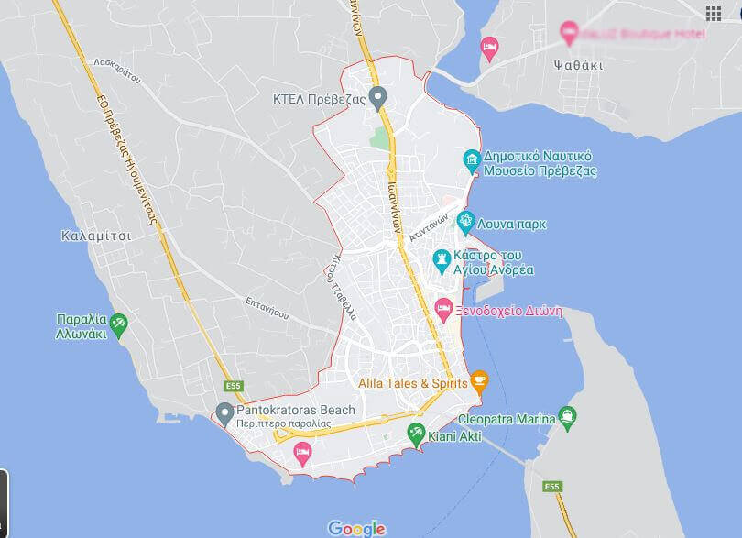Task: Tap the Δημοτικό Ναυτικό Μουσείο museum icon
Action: coord(473,162)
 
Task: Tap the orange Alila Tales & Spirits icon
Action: coord(479,380)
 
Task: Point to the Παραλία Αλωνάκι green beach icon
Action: coord(118,324)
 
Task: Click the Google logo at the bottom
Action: coord(356,528)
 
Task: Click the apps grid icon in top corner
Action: coord(714,12)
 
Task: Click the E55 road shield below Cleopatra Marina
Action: coord(551,487)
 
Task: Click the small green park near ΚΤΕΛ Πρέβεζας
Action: coord(379,138)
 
